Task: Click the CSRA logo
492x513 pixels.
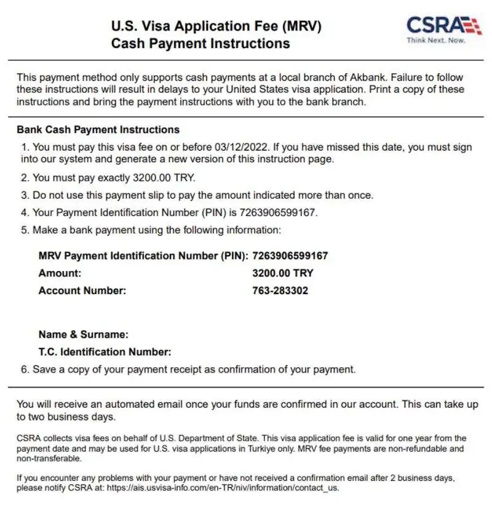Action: [443, 26]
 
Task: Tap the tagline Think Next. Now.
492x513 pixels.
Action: [436, 41]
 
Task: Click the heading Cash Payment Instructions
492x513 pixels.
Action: [200, 44]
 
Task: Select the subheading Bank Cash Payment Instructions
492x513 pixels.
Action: [98, 130]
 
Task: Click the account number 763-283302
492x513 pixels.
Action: [280, 290]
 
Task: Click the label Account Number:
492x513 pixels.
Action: [82, 290]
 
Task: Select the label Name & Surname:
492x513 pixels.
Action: [84, 335]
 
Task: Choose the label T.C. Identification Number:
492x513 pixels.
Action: [105, 352]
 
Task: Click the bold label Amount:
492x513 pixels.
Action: [60, 273]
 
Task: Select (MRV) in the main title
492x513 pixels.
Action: [301, 26]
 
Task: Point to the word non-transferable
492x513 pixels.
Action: [49, 458]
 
